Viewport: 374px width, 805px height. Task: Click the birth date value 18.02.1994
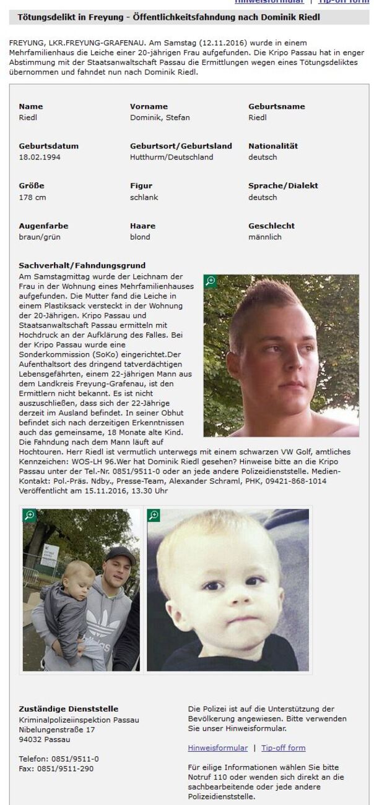pyautogui.click(x=40, y=157)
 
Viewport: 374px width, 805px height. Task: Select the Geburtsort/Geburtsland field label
pyautogui.click(x=181, y=146)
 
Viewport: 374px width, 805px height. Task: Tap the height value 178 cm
pyautogui.click(x=32, y=197)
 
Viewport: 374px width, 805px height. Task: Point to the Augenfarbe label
pyautogui.click(x=43, y=226)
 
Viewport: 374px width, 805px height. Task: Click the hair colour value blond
pyautogui.click(x=140, y=237)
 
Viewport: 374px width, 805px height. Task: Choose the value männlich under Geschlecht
pyautogui.click(x=265, y=237)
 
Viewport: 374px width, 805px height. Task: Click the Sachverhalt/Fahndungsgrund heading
pyautogui.click(x=82, y=265)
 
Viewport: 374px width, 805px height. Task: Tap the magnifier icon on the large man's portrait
pyautogui.click(x=211, y=281)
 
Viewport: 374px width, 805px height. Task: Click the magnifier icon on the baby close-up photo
pyautogui.click(x=154, y=515)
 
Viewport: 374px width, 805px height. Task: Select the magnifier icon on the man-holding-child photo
pyautogui.click(x=29, y=515)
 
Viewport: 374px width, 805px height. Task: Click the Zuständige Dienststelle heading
pyautogui.click(x=68, y=709)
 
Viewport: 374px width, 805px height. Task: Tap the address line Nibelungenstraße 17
pyautogui.click(x=56, y=730)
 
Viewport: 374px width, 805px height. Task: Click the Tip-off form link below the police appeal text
pyautogui.click(x=283, y=747)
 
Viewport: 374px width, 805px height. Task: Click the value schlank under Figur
pyautogui.click(x=144, y=197)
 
